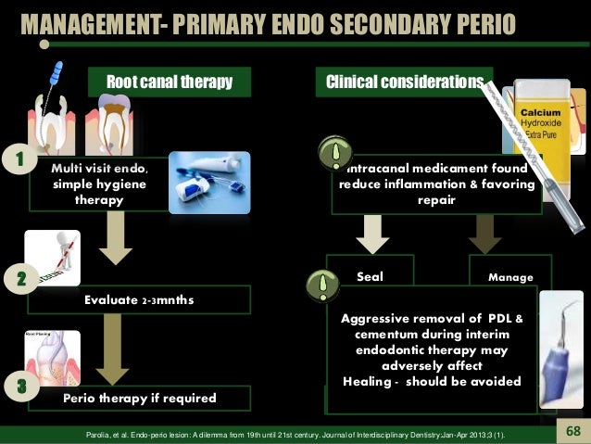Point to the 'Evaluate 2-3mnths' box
[x=139, y=299]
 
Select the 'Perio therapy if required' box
[x=139, y=399]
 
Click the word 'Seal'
[x=370, y=275]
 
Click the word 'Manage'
[x=509, y=276]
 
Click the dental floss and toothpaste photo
[x=209, y=188]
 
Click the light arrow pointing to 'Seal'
[x=375, y=231]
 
